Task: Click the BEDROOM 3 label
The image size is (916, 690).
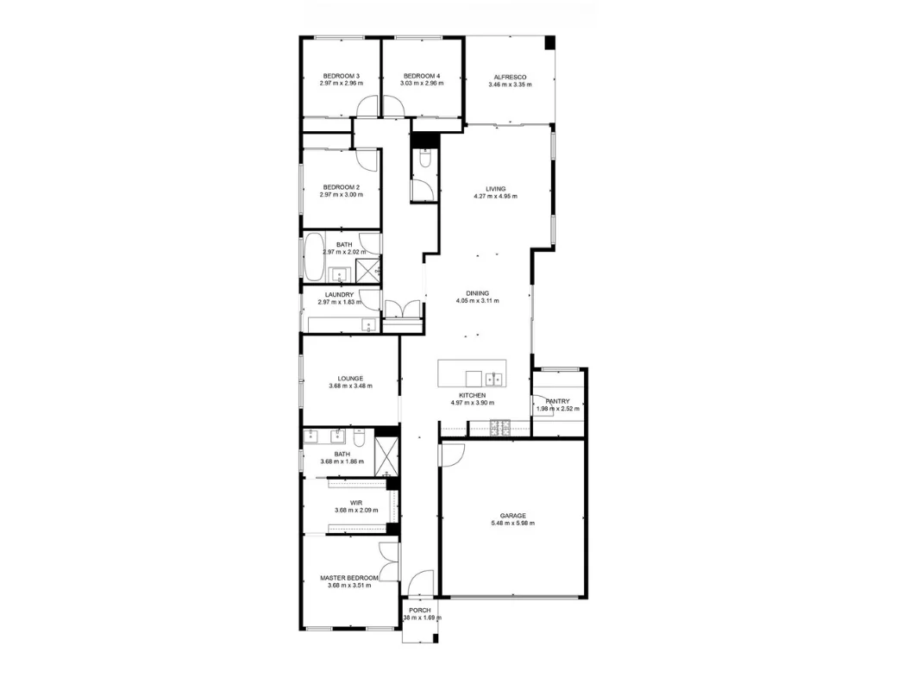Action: point(341,76)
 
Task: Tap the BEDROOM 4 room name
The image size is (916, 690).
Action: point(422,76)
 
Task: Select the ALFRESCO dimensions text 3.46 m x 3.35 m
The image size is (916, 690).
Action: point(510,85)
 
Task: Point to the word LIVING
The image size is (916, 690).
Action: point(495,189)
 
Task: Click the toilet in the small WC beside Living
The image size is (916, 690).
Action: point(425,160)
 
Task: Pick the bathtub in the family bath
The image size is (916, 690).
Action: point(311,256)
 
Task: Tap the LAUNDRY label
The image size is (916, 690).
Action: point(340,294)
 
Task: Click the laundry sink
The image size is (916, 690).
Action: point(368,326)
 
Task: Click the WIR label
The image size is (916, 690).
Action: point(355,502)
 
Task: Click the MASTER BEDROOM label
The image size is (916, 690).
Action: point(349,578)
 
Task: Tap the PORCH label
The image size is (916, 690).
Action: point(420,610)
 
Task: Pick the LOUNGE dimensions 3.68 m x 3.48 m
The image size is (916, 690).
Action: point(350,386)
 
